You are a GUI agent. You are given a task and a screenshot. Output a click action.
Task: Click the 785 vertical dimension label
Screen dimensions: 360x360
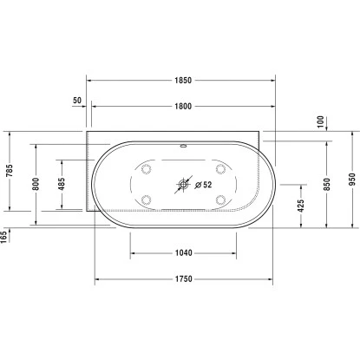(x=10, y=172)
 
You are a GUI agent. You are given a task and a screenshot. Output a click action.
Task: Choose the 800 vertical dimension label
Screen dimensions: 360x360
(x=36, y=183)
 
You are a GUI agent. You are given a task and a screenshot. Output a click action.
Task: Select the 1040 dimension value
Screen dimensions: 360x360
(x=182, y=253)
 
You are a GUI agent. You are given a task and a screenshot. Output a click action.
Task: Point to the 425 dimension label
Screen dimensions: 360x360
(x=299, y=206)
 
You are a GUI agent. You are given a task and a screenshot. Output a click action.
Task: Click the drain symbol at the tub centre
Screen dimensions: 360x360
(x=183, y=184)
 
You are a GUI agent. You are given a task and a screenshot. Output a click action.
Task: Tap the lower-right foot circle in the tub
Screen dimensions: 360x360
(x=221, y=200)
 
